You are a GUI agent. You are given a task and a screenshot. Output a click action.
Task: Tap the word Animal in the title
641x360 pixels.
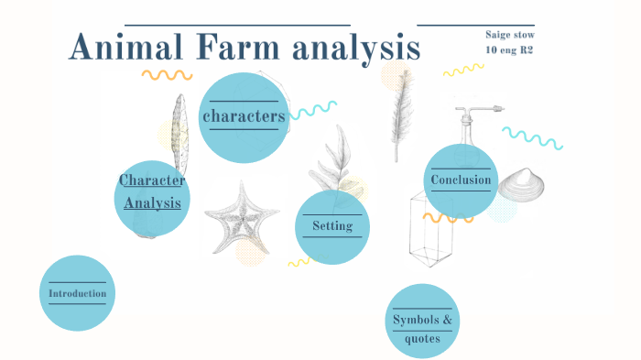[x=125, y=48]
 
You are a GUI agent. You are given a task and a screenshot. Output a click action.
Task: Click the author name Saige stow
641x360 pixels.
[x=510, y=35]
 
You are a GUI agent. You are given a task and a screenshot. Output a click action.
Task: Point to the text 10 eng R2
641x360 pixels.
[x=509, y=49]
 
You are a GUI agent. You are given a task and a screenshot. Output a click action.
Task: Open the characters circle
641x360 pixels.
[x=243, y=116]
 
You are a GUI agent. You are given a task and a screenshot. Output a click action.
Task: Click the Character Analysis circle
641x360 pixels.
[x=153, y=191]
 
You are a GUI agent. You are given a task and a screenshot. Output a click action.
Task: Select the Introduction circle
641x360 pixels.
[x=78, y=293]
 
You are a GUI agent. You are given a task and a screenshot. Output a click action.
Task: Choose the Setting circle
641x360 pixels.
[x=331, y=226]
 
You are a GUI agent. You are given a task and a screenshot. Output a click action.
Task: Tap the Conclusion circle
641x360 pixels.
[x=461, y=180]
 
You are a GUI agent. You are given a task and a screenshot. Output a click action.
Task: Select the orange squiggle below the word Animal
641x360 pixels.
[x=167, y=74]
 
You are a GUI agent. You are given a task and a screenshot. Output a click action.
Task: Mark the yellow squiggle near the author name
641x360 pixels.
[x=463, y=70]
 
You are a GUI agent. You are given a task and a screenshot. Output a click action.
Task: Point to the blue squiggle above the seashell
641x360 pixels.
[x=532, y=138]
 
